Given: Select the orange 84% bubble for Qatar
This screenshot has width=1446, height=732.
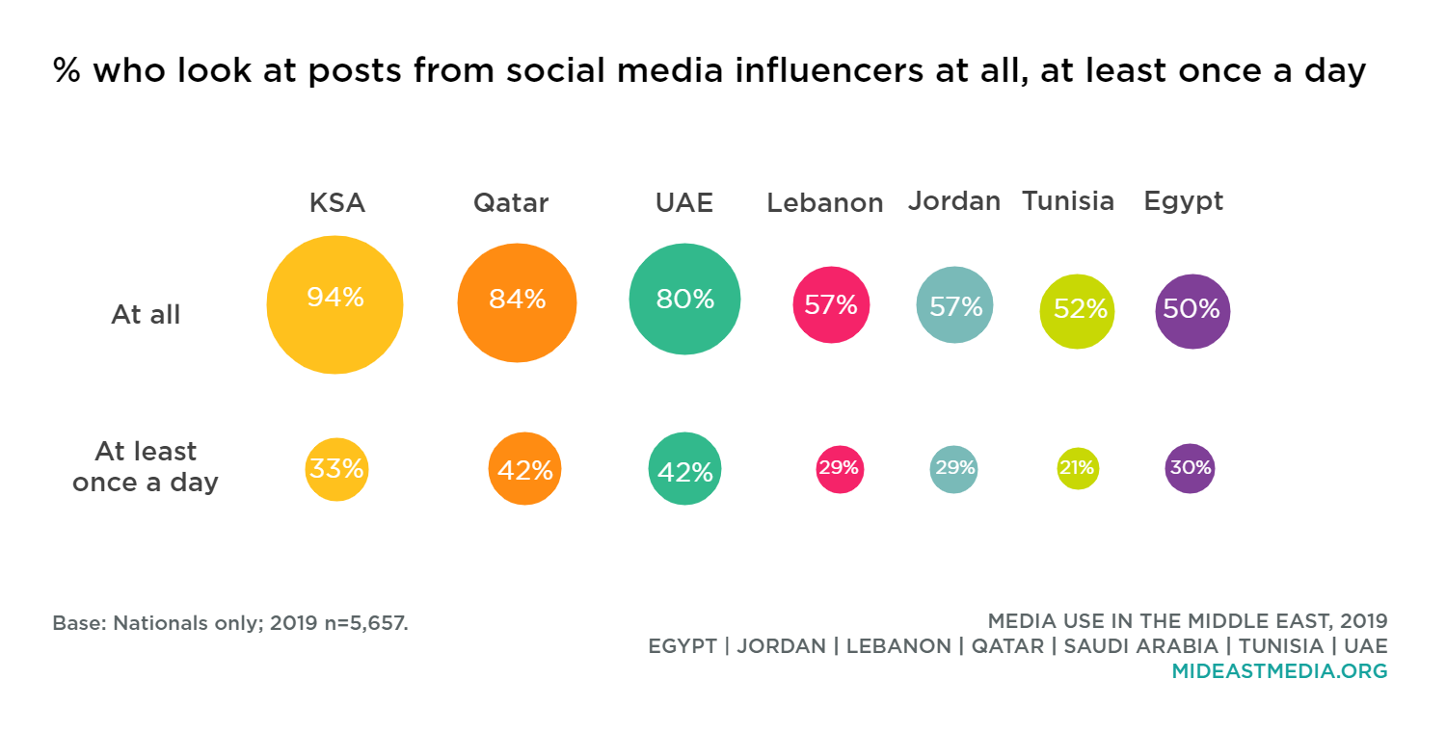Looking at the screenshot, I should (x=517, y=302).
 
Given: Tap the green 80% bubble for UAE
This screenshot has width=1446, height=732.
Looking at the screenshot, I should (x=684, y=299).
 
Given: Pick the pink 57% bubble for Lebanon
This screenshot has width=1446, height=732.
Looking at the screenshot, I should (x=831, y=304).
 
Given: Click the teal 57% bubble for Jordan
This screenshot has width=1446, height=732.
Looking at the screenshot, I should (x=954, y=304).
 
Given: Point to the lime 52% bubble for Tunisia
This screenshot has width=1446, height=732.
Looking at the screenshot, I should (x=1077, y=310).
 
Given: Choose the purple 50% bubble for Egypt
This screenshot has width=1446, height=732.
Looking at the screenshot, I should (x=1192, y=310).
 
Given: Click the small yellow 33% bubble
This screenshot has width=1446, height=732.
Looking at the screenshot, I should (x=336, y=469).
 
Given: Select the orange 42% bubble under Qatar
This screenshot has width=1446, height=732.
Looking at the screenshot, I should (x=524, y=469).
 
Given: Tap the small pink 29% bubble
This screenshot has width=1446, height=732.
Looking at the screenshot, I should (x=840, y=469).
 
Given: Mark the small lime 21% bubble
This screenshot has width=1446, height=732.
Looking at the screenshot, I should (x=1077, y=468).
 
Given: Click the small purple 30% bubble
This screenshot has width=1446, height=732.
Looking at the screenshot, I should (x=1190, y=468).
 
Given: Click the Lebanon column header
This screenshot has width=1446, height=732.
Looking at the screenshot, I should (x=825, y=203).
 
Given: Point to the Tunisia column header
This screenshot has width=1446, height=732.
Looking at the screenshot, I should (x=1068, y=201).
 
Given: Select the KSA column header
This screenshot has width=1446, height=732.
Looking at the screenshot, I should (x=336, y=203).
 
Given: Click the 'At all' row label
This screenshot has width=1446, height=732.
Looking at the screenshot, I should (x=146, y=315).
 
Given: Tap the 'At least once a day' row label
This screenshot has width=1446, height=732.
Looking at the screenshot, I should (x=146, y=466).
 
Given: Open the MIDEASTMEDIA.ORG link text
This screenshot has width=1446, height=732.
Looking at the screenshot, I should (x=1279, y=671).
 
